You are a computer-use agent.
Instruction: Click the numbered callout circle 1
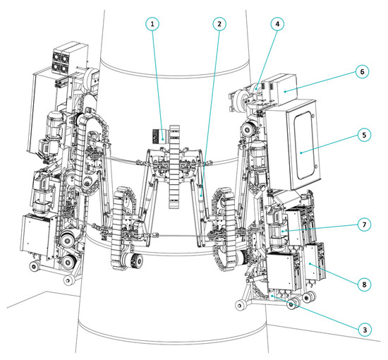point(152,24)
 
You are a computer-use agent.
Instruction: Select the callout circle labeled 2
point(219,24)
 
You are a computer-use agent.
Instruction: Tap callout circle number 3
point(365,330)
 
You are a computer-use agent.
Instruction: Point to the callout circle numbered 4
point(277,24)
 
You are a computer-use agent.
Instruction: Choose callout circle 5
point(364,135)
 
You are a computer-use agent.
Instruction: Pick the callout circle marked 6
point(362,71)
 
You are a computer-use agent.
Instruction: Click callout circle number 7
point(364,224)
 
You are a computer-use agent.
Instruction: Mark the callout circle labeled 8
point(364,284)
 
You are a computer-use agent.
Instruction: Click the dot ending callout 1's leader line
point(162,139)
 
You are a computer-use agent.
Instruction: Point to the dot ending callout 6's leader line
point(285,92)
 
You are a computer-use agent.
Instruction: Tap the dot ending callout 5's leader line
point(301,153)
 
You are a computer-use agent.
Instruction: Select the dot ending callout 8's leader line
point(310,264)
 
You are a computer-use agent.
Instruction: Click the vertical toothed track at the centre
point(174,167)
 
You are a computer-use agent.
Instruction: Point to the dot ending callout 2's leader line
point(201,196)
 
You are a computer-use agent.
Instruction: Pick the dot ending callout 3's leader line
point(272,296)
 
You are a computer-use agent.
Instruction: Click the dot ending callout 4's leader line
point(256,89)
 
